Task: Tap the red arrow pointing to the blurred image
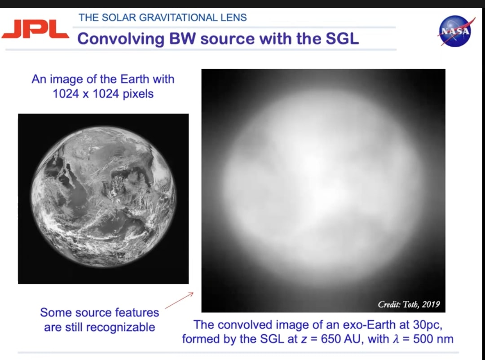coord(179,301)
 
